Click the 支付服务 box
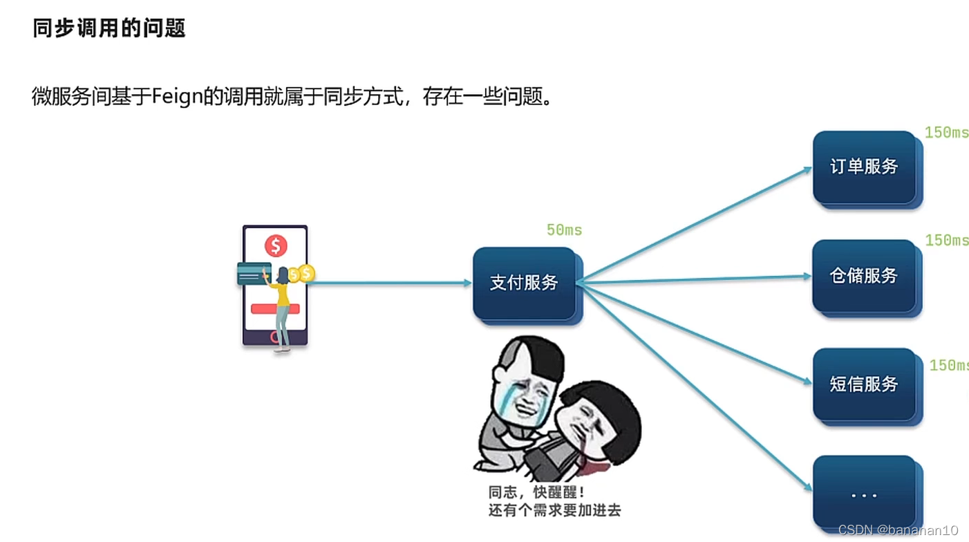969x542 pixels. point(525,283)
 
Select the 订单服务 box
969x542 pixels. point(864,167)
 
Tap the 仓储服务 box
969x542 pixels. point(864,276)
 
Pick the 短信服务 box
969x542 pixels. point(864,384)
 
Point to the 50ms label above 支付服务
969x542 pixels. point(564,230)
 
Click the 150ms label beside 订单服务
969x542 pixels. point(946,133)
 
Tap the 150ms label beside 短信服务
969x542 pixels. point(948,365)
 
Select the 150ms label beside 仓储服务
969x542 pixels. point(946,241)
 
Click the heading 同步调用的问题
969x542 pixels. point(109,28)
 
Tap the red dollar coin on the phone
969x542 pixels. point(276,245)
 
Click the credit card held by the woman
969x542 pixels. point(252,274)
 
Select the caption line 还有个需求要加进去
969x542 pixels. point(554,511)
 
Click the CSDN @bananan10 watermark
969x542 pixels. point(898,530)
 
